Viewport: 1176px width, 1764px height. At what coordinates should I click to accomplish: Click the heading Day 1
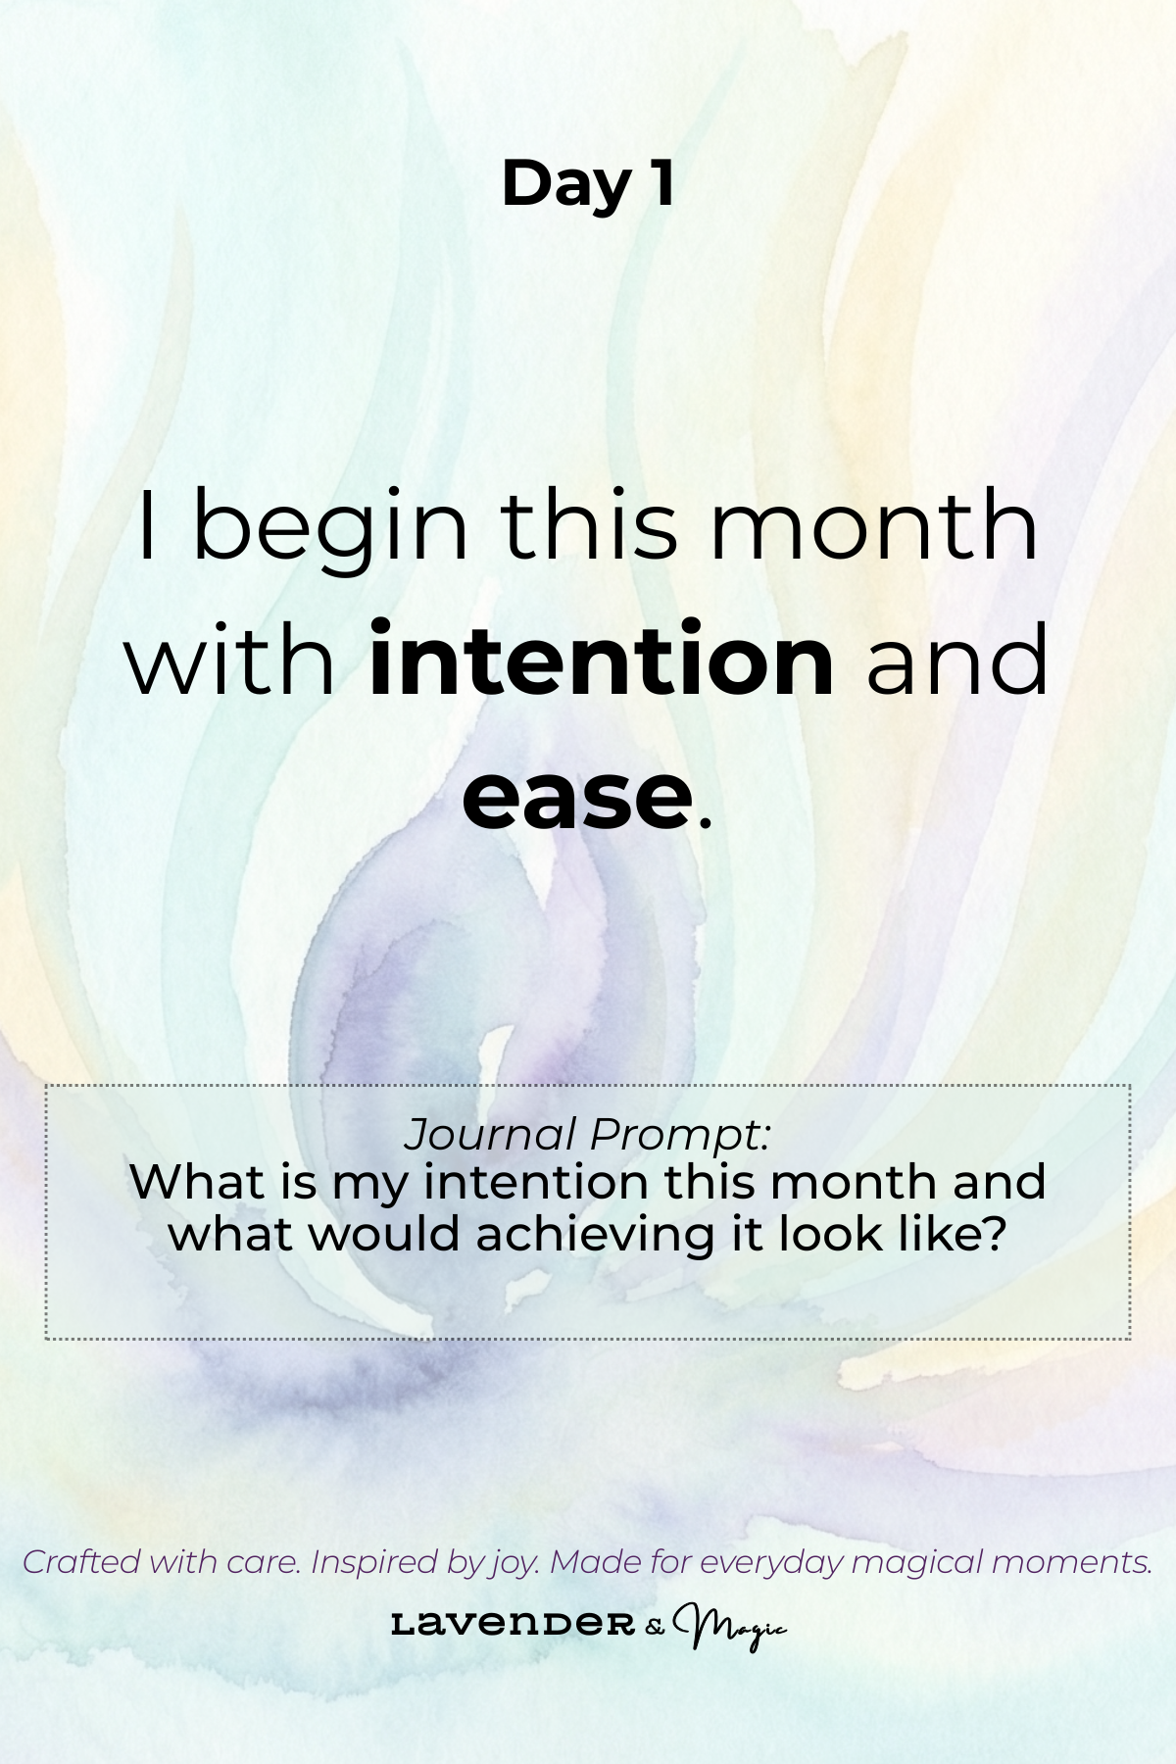tap(588, 184)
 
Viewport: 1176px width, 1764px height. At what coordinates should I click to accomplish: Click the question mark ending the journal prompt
tap(996, 1233)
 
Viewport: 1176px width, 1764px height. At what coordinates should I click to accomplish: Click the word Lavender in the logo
tap(513, 1625)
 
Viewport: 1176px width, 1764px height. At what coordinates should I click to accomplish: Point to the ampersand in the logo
tap(655, 1627)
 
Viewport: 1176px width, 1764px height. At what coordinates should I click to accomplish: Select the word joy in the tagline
tap(512, 1564)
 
